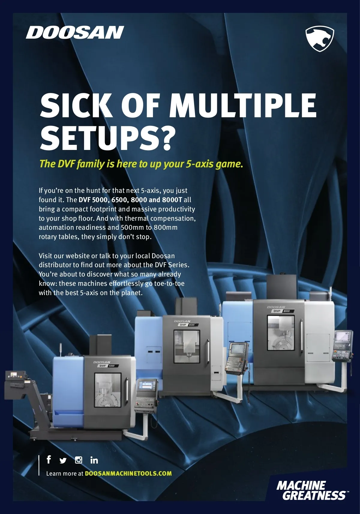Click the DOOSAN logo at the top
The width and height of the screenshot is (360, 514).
coord(75,32)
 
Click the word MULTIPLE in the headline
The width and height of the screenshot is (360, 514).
coord(243,105)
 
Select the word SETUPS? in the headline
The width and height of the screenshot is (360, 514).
coord(108,138)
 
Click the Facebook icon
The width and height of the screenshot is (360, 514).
coord(49,459)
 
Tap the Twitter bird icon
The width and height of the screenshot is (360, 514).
coord(63,460)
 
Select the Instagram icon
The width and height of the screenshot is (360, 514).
coord(79,460)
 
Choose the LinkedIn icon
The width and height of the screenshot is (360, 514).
coord(94,460)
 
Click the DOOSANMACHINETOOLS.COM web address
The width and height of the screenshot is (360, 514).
coord(128,474)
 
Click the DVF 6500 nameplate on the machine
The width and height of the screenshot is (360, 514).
coord(188,325)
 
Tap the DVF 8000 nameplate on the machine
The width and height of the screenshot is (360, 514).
coord(283,311)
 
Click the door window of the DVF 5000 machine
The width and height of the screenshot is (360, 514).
coord(108,390)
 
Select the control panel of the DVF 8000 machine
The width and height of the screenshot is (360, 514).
coord(342,346)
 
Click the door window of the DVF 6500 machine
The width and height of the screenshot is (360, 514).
coord(187,346)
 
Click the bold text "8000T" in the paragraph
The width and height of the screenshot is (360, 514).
coord(172,200)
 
